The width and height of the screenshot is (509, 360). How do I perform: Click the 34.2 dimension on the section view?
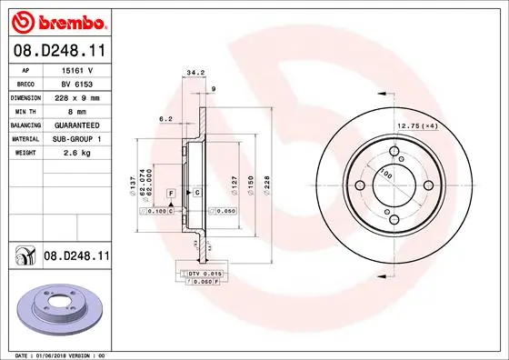(193, 72)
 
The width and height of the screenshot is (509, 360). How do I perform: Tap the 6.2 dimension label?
(165, 118)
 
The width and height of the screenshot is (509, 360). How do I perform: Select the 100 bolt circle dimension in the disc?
(385, 174)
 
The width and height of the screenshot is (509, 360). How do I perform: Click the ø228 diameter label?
(268, 185)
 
